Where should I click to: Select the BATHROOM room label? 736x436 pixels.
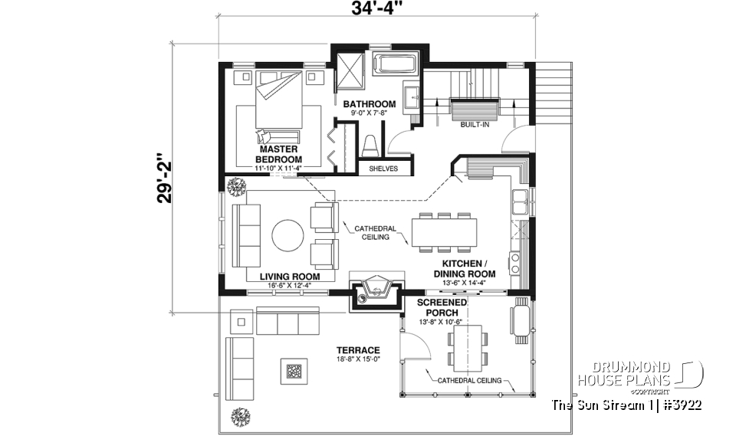369,104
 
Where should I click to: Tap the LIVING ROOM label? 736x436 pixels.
289,277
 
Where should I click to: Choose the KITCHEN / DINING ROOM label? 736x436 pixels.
465,268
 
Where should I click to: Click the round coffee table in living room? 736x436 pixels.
287,235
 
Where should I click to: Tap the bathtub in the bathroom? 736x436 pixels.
395,64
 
